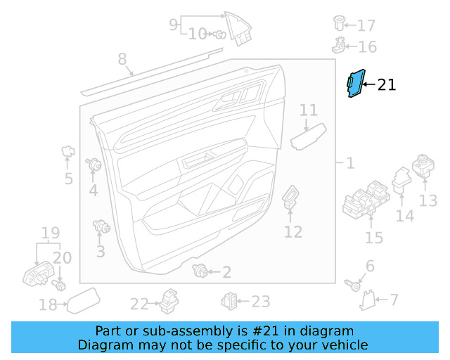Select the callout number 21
tap(387, 85)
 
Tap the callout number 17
tap(366, 26)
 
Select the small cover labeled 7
tap(367, 301)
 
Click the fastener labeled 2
tap(201, 271)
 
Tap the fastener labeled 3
tap(103, 226)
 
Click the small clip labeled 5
tap(68, 150)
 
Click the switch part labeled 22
tap(169, 302)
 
